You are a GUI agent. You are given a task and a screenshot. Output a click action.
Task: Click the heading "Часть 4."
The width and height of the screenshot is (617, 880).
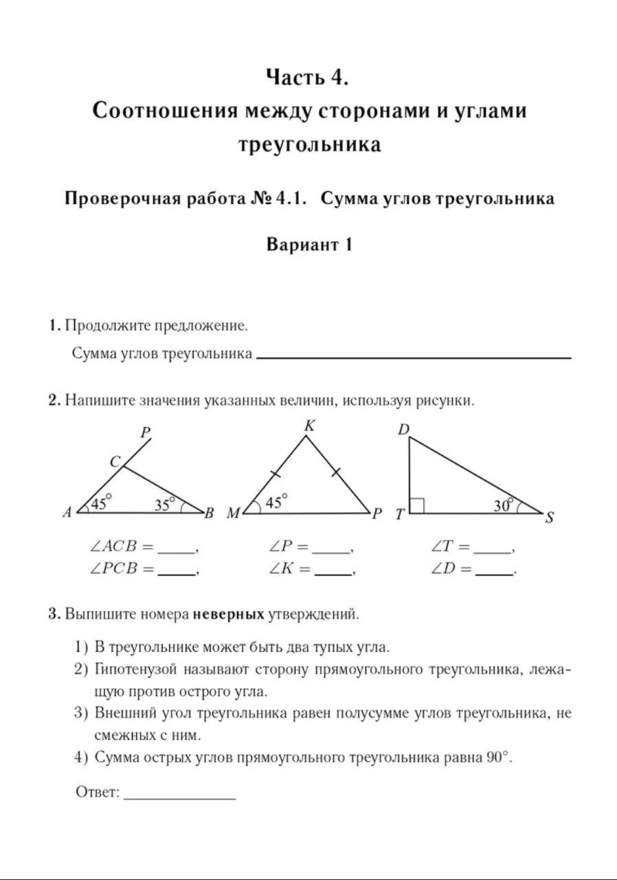click(x=308, y=78)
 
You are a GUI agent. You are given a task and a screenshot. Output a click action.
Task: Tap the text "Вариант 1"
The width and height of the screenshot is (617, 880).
click(x=309, y=245)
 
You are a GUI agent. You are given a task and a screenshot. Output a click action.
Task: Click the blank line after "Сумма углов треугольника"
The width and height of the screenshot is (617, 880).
click(x=412, y=357)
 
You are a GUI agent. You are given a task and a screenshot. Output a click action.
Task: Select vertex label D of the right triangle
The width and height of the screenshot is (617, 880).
click(x=403, y=430)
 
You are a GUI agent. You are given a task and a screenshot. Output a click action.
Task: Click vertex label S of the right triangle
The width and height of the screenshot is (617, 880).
click(x=550, y=518)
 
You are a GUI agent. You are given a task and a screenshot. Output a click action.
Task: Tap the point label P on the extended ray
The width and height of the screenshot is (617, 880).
click(x=146, y=432)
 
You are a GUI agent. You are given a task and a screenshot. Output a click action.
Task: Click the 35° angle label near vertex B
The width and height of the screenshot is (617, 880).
click(x=165, y=505)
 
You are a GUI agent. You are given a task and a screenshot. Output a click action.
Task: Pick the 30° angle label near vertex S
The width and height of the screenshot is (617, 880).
click(x=504, y=505)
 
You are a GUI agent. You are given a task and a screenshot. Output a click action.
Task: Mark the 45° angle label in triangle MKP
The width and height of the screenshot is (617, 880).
click(x=276, y=503)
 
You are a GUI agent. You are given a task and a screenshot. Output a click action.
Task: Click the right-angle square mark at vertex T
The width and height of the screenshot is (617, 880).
click(x=416, y=506)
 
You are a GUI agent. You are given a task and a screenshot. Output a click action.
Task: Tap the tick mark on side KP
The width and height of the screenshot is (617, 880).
click(x=336, y=471)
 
